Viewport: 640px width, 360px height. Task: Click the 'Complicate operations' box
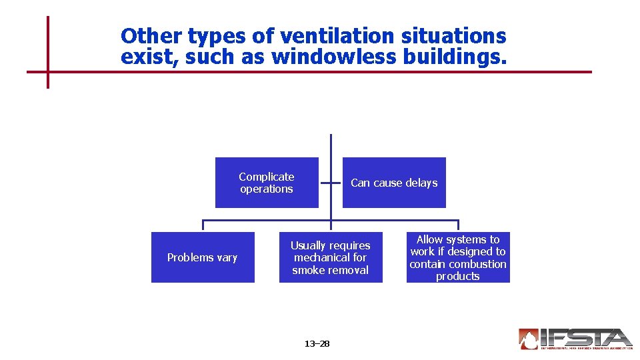[267, 183]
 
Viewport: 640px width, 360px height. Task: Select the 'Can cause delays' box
[394, 183]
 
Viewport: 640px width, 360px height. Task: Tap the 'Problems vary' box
[203, 257]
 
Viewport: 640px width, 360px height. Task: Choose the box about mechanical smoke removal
[331, 257]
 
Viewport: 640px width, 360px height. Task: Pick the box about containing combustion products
[458, 257]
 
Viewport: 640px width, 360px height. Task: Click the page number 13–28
[317, 344]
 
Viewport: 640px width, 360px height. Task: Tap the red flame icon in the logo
[529, 339]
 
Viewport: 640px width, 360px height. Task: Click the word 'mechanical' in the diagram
[322, 257]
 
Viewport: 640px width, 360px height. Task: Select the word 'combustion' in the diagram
[477, 264]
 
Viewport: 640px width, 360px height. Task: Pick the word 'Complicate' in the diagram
[267, 177]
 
